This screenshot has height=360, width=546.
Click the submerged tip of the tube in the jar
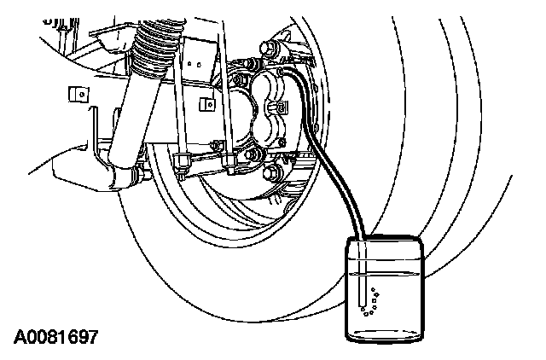[363, 305]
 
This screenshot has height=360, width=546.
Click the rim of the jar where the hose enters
[363, 241]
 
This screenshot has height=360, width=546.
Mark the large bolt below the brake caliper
[273, 176]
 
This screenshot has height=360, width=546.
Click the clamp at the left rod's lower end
[183, 161]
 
